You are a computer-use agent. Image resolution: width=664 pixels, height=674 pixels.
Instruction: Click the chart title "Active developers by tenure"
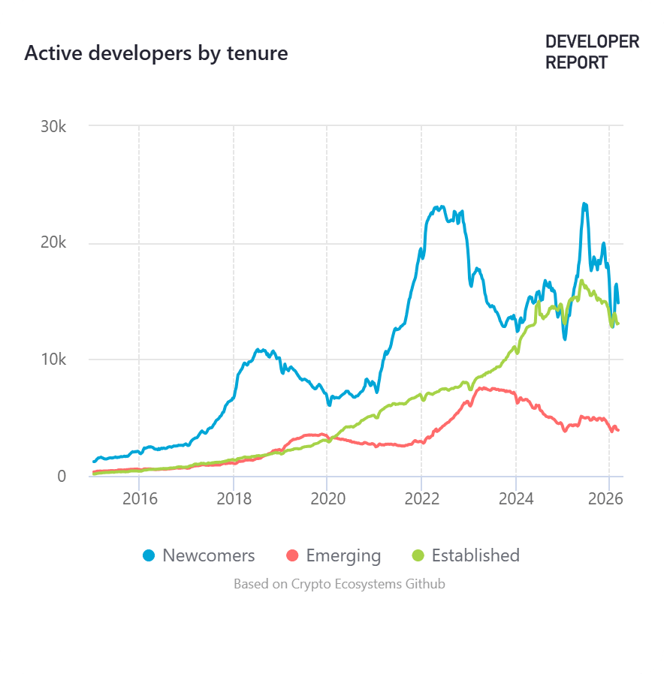click(x=156, y=53)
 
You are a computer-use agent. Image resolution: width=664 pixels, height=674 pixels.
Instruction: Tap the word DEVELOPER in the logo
click(x=592, y=42)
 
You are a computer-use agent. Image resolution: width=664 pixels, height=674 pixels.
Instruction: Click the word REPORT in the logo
click(x=576, y=63)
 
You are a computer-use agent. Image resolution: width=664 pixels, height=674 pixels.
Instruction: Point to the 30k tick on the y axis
click(x=53, y=126)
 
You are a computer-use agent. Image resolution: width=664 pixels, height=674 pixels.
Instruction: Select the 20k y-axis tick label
click(x=53, y=243)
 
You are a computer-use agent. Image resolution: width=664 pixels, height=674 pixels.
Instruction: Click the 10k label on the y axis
click(x=53, y=360)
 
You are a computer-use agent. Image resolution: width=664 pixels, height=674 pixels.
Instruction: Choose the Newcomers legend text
click(x=209, y=556)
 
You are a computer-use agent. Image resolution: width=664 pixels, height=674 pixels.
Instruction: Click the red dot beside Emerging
click(x=293, y=556)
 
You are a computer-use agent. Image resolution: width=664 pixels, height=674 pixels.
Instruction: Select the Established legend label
click(x=475, y=556)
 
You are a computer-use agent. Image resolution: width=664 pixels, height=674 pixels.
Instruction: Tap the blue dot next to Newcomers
click(x=149, y=556)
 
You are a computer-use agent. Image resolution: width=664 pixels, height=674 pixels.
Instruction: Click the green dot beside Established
click(x=418, y=556)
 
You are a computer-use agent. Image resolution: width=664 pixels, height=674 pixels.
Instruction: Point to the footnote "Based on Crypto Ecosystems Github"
click(x=340, y=583)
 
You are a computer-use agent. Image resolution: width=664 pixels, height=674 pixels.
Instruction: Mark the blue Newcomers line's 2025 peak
click(x=584, y=203)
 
